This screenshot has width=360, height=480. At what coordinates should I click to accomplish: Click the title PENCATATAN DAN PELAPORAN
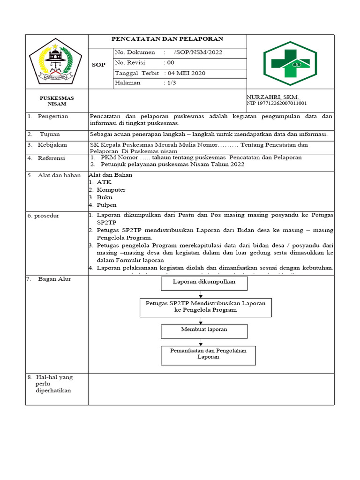167,39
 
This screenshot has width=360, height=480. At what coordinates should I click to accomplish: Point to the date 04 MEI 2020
185,73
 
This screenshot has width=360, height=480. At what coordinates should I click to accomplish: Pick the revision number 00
169,63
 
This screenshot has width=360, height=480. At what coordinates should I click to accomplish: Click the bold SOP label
98,65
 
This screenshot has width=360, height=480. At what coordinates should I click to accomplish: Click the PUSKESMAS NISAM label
57,101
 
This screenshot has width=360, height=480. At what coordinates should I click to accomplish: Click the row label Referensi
52,158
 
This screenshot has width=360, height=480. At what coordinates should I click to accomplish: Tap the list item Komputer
111,190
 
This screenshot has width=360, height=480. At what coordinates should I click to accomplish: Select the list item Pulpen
106,205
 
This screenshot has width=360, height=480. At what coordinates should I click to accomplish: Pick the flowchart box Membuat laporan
204,330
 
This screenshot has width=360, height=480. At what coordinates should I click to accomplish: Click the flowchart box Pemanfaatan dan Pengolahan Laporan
208,354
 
